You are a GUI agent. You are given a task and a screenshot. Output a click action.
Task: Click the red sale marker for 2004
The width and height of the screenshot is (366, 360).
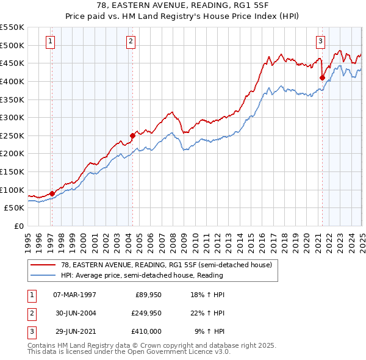click(132, 135)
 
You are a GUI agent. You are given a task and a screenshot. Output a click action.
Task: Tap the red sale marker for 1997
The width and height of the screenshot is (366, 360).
click(51, 193)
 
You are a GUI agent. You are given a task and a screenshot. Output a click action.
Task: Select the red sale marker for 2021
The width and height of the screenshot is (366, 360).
click(322, 77)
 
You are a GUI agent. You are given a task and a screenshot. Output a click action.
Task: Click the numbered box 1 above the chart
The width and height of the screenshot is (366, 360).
click(50, 41)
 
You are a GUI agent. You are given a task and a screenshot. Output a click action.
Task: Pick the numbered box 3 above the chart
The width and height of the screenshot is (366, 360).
click(320, 41)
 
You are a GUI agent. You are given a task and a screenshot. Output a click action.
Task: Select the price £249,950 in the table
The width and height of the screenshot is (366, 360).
click(146, 314)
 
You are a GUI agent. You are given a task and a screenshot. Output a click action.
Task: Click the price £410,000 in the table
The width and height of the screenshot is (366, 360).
click(146, 333)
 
